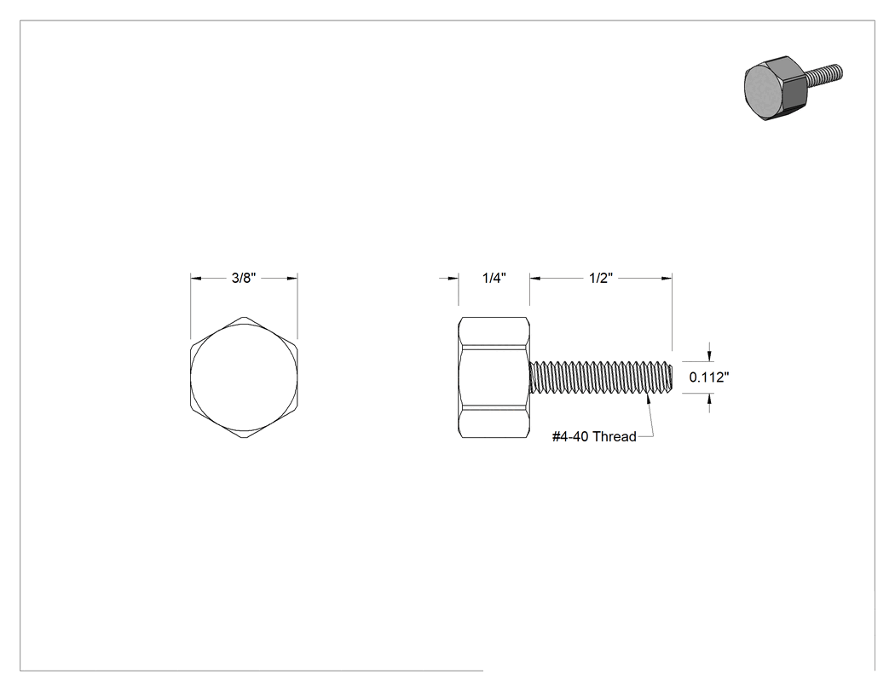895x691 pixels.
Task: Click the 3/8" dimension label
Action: (x=244, y=278)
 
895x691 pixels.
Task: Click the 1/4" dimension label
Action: (x=494, y=278)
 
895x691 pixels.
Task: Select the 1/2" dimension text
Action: (x=601, y=278)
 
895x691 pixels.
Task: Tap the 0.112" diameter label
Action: (x=709, y=377)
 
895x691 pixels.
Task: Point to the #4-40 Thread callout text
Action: (x=594, y=436)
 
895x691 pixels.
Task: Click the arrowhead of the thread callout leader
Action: (x=647, y=397)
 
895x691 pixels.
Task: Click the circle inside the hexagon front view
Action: (x=244, y=377)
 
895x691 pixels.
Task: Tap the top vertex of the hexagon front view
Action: (x=244, y=315)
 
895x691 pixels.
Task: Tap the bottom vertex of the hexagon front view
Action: (x=244, y=438)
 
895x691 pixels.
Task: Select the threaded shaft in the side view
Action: (x=601, y=377)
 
